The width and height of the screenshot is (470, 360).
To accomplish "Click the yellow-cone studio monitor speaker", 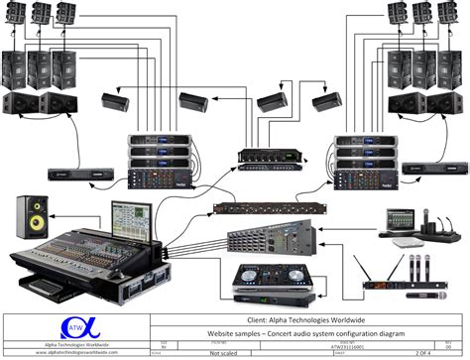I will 28,214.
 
